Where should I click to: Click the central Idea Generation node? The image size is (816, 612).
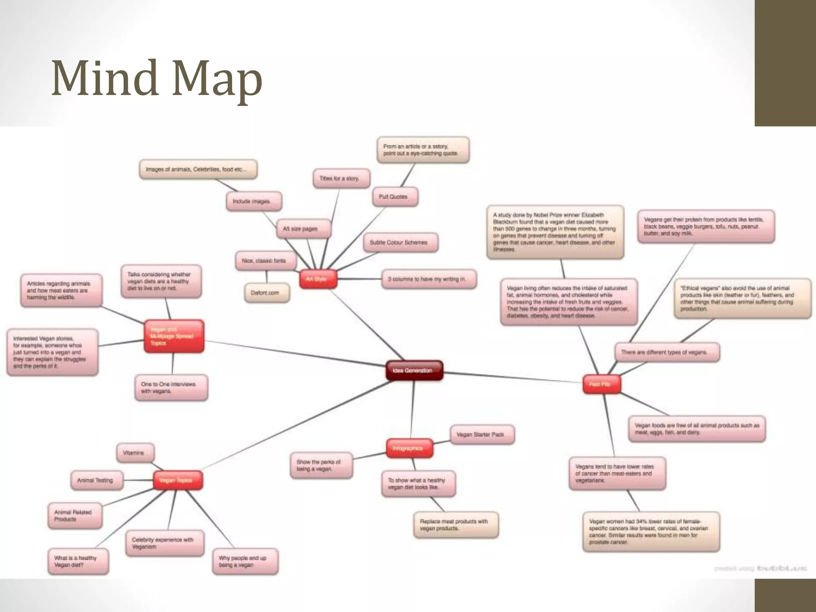[x=414, y=371]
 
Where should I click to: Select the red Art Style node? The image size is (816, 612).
[x=318, y=279]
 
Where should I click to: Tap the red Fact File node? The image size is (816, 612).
[x=601, y=384]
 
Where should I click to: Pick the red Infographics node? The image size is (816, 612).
[x=410, y=448]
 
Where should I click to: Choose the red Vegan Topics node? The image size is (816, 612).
[x=178, y=481]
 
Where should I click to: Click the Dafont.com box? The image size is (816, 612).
[x=267, y=293]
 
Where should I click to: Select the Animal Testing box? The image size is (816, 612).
[x=97, y=481]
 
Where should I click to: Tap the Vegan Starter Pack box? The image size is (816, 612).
[x=482, y=434]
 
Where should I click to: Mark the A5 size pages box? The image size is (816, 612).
[x=303, y=229]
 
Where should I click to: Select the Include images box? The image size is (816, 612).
[x=254, y=202]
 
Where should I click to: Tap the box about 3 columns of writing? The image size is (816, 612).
[x=429, y=279]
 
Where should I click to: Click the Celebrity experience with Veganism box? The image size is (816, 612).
[x=165, y=543]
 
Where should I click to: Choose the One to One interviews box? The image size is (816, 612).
[x=171, y=388]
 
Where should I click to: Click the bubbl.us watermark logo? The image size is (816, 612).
[x=782, y=568]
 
